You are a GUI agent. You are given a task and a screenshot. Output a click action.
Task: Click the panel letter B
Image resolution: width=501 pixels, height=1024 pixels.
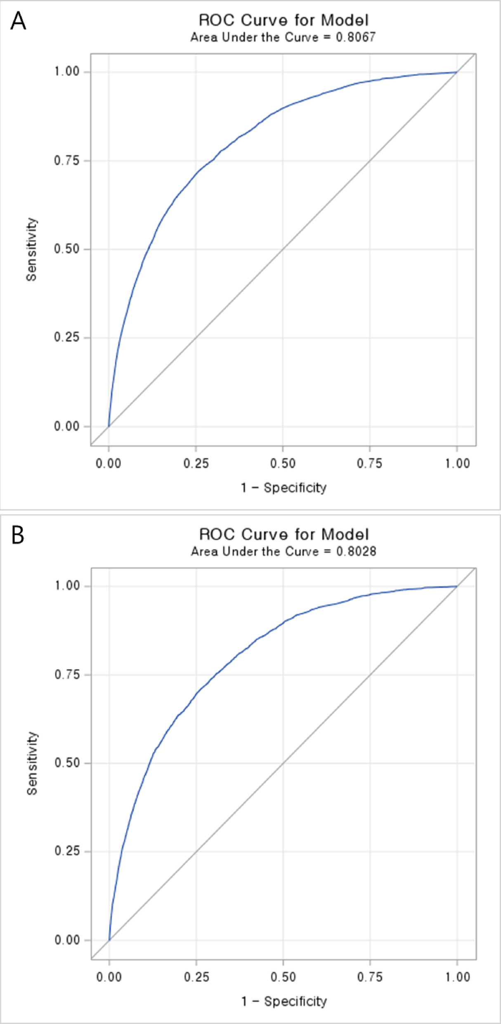18,535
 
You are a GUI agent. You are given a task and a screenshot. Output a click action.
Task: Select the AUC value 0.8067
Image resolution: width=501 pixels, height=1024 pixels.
355,38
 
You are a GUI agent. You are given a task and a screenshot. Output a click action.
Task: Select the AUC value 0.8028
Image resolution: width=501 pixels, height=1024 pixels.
356,552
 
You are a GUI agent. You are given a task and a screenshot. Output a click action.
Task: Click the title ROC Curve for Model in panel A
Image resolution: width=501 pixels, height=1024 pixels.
284,20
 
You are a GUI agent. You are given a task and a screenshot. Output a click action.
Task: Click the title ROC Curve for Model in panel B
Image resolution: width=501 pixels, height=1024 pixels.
284,534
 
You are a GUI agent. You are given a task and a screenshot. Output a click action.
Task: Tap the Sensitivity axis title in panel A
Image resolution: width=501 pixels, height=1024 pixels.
32,249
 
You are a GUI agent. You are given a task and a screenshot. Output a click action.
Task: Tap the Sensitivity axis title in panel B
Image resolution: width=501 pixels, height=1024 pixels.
32,763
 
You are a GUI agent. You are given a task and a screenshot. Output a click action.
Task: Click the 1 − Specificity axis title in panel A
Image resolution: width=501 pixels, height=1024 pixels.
284,488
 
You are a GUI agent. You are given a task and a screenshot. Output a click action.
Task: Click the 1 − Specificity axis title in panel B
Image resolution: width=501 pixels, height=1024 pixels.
284,1001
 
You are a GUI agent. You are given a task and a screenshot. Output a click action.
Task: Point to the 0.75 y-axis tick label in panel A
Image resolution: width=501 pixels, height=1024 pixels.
66,160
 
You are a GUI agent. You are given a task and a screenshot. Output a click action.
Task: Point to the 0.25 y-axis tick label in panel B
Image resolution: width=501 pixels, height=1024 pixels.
67,851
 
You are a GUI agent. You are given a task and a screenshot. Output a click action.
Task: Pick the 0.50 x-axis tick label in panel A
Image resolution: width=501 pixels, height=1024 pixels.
283,464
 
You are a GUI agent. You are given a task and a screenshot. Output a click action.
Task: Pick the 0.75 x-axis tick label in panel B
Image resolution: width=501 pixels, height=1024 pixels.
370,977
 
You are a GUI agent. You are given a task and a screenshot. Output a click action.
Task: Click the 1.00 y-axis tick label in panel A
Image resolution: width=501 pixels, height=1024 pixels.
66,71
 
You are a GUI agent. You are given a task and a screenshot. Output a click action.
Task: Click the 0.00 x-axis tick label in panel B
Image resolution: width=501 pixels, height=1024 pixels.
109,977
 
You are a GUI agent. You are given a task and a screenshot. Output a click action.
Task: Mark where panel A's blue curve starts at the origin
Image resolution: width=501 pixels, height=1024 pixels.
109,426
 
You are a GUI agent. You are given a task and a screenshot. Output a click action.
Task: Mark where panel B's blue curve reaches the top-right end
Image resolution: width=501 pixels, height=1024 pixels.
457,586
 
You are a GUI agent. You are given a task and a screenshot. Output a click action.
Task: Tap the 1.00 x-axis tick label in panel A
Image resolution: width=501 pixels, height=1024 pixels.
457,464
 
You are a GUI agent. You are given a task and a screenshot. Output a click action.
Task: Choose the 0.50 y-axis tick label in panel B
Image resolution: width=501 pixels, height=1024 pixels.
67,763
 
